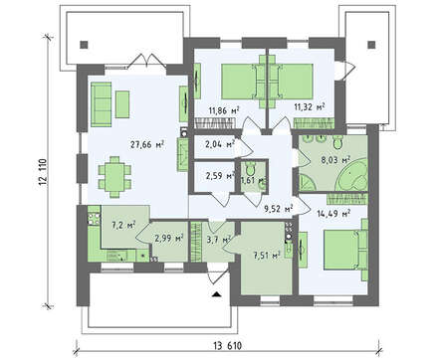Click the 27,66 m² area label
point(147,145)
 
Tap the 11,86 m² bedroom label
point(224,110)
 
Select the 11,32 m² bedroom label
point(310,106)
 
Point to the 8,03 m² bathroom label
point(335,160)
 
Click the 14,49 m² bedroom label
point(334,214)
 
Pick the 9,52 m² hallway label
point(278,209)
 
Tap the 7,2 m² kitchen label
point(122,226)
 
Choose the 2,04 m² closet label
point(220,144)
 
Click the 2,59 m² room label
point(220,175)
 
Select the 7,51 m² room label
point(267,256)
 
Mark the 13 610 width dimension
point(227,346)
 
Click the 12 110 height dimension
point(44,177)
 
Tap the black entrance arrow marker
point(216,294)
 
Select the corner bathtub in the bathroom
point(352,175)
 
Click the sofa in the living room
point(102,104)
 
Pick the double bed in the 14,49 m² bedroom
point(345,250)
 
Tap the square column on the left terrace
point(85,45)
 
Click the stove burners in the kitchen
point(94,219)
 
